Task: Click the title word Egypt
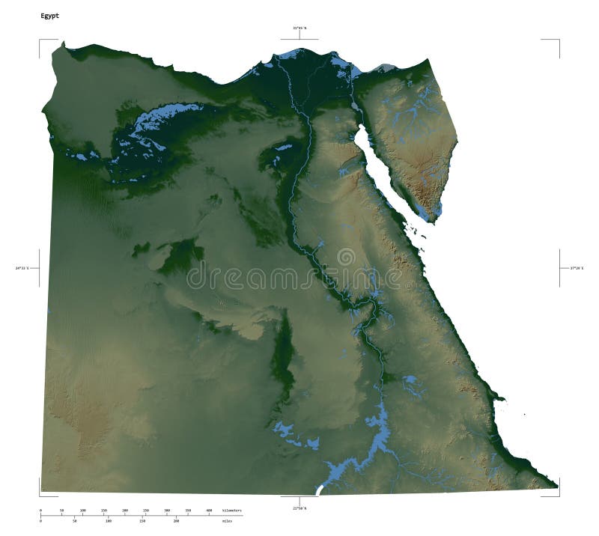49,15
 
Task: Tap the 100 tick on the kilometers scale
83,514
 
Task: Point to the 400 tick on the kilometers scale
209,514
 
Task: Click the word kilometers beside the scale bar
232,511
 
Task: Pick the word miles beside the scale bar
228,520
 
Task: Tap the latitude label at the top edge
299,28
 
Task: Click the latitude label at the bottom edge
299,508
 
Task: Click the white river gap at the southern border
320,490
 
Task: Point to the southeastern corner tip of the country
558,486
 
